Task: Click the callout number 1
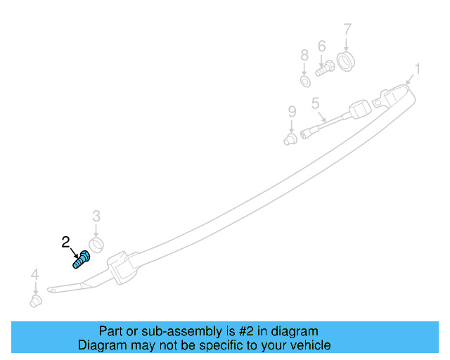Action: (x=417, y=69)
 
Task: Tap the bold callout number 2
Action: (x=66, y=242)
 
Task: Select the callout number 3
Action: (x=96, y=216)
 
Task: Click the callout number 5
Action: (x=316, y=103)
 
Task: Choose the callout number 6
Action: (x=322, y=46)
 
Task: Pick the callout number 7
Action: (x=347, y=30)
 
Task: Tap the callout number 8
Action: (x=304, y=55)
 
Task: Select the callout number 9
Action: (x=292, y=111)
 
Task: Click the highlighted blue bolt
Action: (x=81, y=259)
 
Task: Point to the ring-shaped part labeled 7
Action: (x=346, y=61)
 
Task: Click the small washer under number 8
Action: (x=305, y=81)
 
